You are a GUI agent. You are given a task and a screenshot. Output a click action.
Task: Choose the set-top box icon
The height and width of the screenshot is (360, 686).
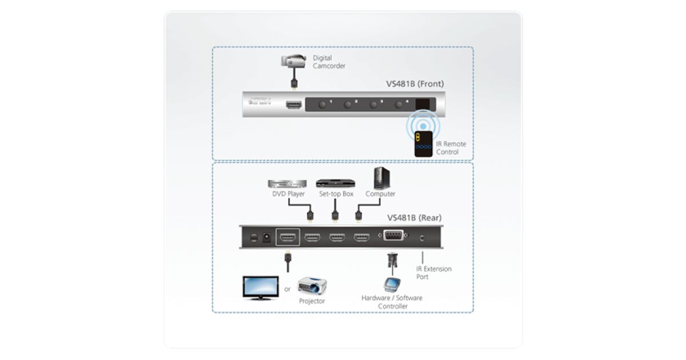pyautogui.click(x=336, y=183)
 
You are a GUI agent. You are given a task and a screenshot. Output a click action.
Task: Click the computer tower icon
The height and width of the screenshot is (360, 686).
pyautogui.click(x=380, y=178)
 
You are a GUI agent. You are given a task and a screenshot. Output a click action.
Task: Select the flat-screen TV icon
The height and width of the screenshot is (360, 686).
pyautogui.click(x=260, y=287)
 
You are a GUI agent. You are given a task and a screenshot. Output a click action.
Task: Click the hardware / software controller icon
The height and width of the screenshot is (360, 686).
pyautogui.click(x=392, y=285)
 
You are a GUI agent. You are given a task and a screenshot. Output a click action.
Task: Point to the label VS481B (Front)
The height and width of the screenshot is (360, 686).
pyautogui.click(x=414, y=84)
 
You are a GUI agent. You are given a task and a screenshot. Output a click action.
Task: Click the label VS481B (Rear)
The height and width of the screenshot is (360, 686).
pyautogui.click(x=414, y=218)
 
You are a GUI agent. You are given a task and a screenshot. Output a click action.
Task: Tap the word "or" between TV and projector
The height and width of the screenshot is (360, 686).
pyautogui.click(x=288, y=289)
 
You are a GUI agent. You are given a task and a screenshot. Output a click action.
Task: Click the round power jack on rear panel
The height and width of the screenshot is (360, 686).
pyautogui.click(x=266, y=237)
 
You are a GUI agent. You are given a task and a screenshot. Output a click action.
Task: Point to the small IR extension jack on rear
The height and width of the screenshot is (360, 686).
pyautogui.click(x=422, y=237)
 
